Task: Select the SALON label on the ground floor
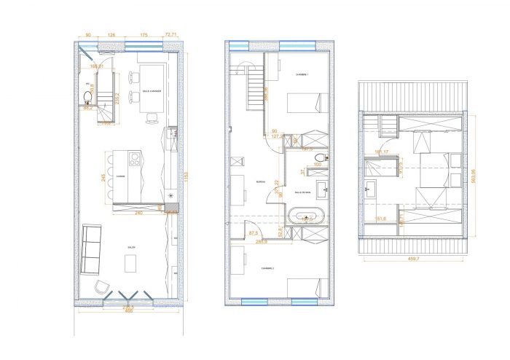[132, 248]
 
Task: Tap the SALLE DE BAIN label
[304, 193]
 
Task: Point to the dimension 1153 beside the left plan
[187, 175]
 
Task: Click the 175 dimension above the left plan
[144, 34]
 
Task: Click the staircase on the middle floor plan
[251, 85]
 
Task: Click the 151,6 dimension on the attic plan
[380, 218]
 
